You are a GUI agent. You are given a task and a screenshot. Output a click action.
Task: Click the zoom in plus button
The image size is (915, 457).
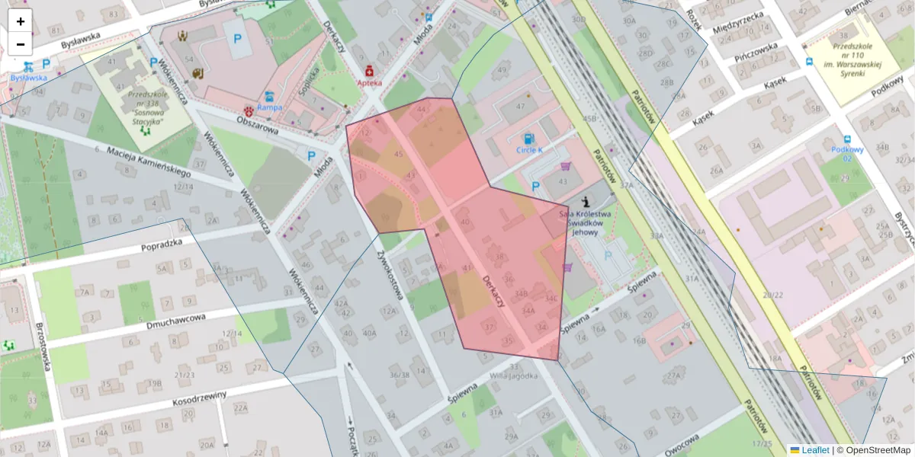point(20,21)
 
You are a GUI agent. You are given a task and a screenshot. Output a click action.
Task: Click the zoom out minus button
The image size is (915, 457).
point(20,44)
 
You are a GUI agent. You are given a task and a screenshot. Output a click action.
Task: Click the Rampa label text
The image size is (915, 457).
point(269,107)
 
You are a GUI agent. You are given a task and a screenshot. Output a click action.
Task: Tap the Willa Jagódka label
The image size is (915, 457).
point(513,376)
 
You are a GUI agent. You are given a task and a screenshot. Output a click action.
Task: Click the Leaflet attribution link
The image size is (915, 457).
point(814,450)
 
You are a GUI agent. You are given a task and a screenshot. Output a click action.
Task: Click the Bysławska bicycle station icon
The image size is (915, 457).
point(28,66)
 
